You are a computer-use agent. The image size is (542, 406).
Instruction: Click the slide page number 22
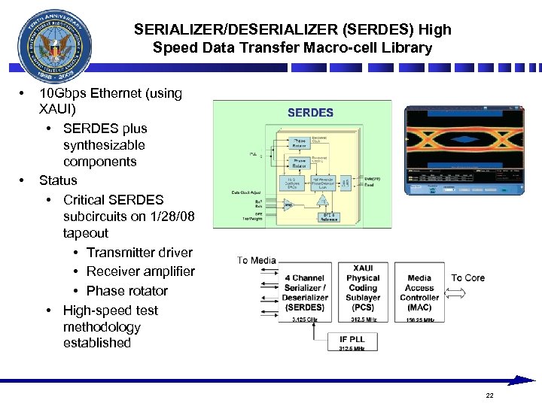(x=490, y=395)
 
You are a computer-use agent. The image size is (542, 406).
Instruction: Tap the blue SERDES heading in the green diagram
(x=309, y=113)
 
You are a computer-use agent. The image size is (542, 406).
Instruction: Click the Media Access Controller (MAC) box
(x=419, y=292)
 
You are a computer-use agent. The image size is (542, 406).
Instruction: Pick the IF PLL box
(x=352, y=343)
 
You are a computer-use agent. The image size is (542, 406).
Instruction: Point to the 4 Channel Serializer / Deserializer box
(x=304, y=292)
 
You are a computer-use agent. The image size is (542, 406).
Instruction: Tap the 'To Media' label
(x=257, y=261)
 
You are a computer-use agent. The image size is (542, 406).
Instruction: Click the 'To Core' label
(x=467, y=277)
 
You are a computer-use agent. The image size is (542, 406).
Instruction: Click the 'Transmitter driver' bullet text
(x=139, y=253)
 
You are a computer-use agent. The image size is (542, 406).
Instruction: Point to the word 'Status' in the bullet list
(x=58, y=180)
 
